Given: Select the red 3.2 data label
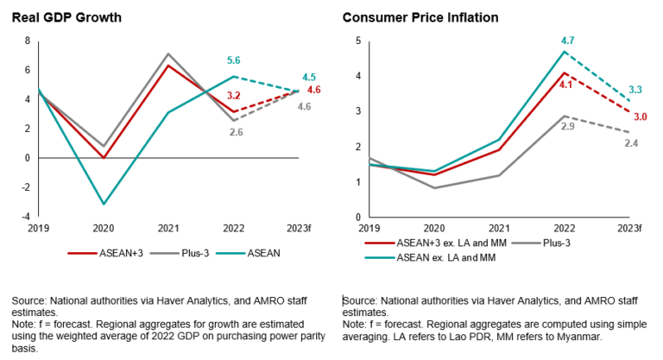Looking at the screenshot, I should (x=233, y=96).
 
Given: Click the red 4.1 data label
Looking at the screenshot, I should (x=565, y=85).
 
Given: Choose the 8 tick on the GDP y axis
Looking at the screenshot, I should (x=28, y=41).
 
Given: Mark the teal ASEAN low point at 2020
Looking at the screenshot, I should (x=104, y=204).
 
